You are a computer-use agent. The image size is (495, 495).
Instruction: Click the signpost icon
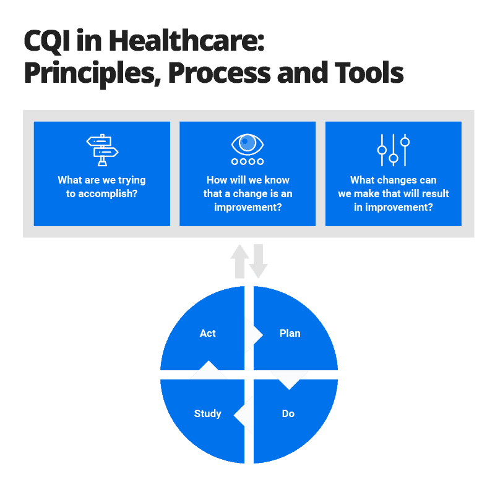(102, 150)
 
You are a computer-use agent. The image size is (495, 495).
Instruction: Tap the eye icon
(247, 145)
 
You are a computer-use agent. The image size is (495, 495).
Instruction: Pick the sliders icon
(394, 150)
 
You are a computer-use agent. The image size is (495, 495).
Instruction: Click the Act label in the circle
(208, 334)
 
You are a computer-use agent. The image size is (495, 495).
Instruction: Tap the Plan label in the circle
(290, 334)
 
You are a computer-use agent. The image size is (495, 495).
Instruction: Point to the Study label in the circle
(207, 414)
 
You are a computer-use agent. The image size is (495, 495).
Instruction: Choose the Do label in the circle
(288, 414)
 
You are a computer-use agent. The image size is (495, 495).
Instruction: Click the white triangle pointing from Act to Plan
(252, 335)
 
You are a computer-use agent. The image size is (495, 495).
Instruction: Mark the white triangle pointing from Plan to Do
(289, 379)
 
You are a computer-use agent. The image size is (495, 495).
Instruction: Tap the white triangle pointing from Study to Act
(209, 371)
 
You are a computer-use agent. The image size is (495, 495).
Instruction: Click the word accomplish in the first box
(108, 193)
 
